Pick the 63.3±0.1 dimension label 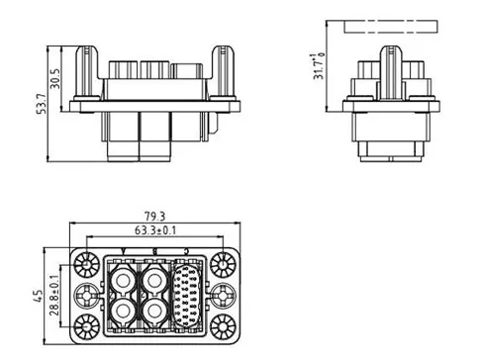pos(156,230)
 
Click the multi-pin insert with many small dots pos(188,294)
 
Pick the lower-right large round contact pos(155,313)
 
